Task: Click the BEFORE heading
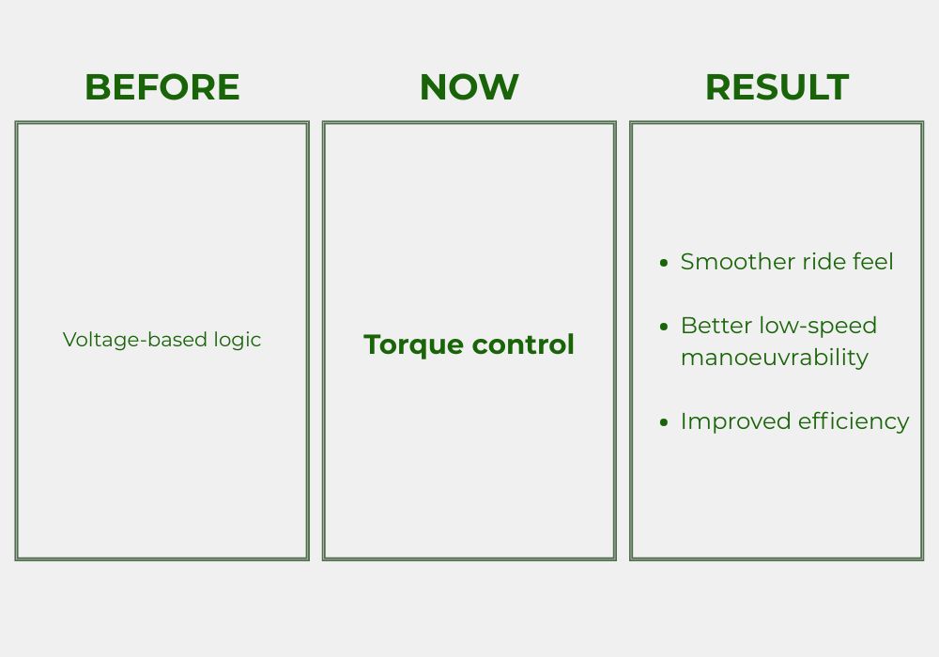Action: (x=162, y=87)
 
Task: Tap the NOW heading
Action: (x=469, y=87)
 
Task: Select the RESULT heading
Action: (x=777, y=87)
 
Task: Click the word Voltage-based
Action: (x=134, y=340)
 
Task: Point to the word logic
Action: (x=238, y=340)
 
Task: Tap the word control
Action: (x=523, y=344)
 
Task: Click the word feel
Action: (x=872, y=262)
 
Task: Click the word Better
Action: (x=716, y=326)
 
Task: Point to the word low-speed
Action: (x=818, y=327)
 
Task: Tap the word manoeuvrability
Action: (x=775, y=358)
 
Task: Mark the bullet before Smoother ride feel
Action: (x=664, y=263)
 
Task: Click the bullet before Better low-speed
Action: (x=664, y=327)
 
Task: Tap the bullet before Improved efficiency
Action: (x=664, y=422)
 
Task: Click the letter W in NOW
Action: (x=499, y=87)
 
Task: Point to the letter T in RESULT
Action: (x=838, y=87)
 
